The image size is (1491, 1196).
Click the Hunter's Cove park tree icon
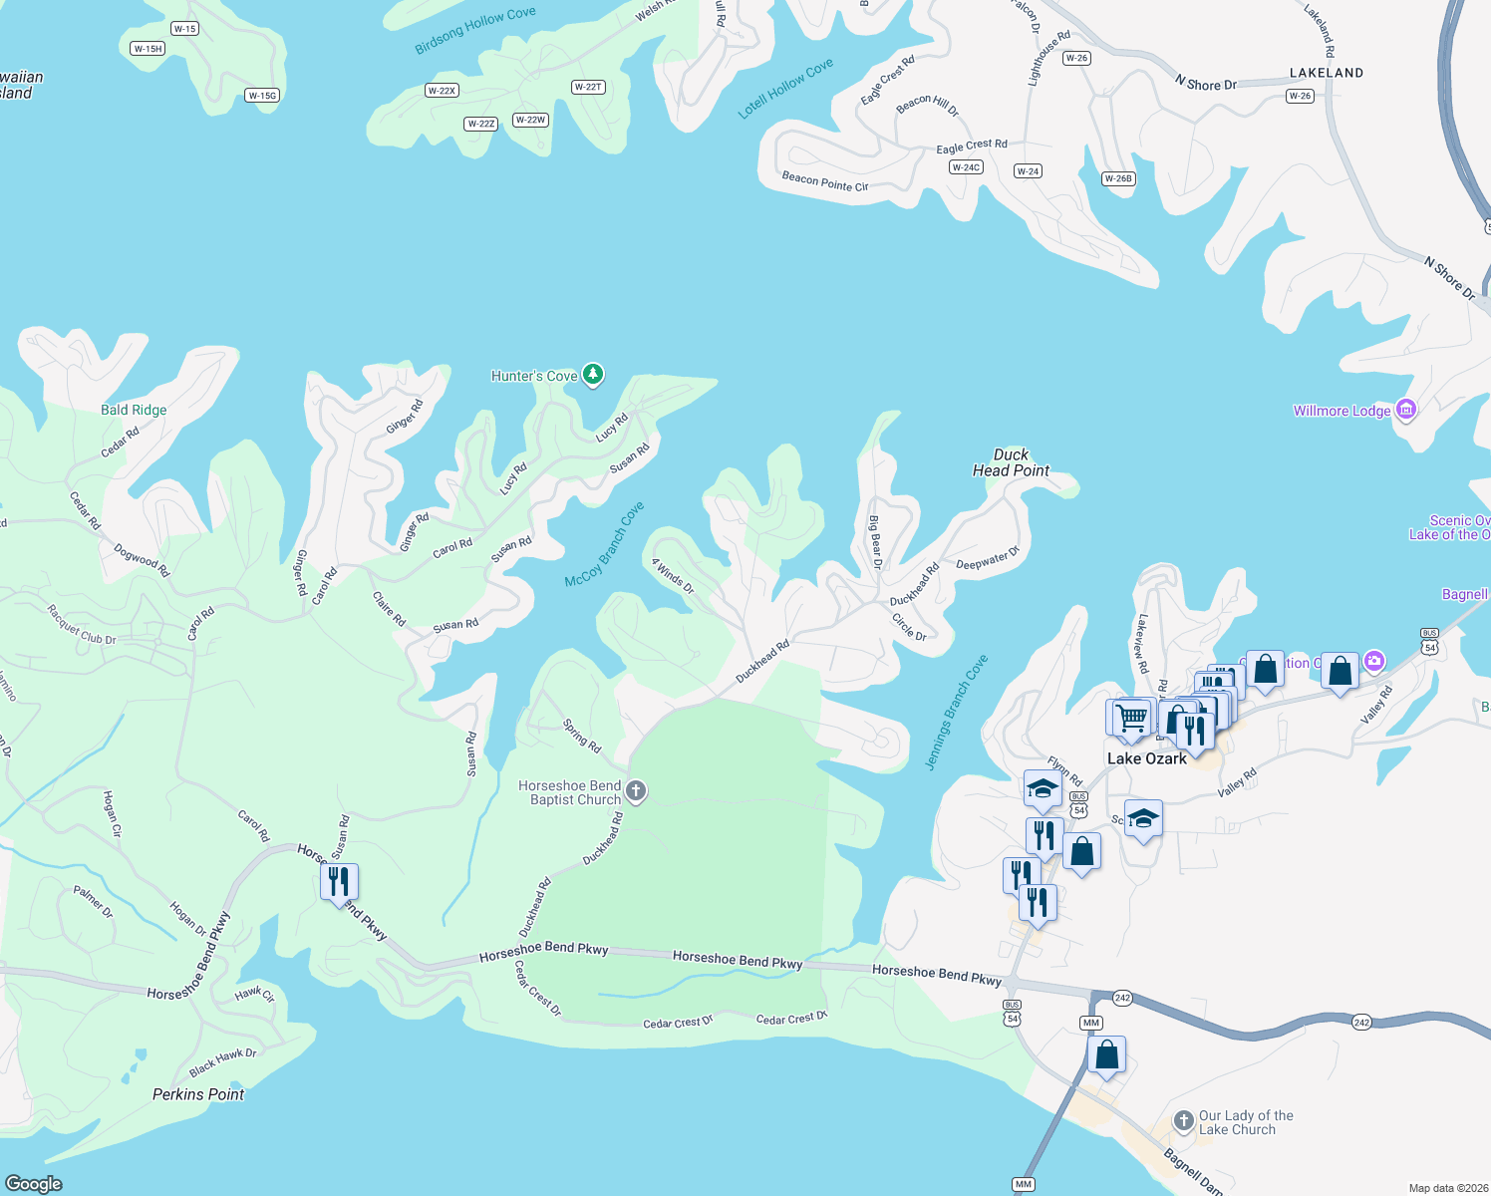(x=593, y=375)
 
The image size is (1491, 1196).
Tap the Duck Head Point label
(x=1011, y=462)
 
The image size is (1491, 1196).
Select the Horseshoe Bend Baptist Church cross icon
(x=636, y=791)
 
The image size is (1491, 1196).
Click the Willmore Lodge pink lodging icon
(x=1406, y=410)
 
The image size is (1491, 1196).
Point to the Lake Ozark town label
(x=1147, y=758)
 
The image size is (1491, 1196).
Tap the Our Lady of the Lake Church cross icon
(x=1183, y=1121)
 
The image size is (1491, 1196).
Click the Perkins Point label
(x=198, y=1094)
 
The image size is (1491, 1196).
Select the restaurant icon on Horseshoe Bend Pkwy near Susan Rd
(x=339, y=882)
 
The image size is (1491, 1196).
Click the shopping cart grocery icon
(x=1131, y=718)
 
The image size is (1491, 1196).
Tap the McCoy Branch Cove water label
(x=604, y=544)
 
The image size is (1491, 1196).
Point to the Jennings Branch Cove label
(x=957, y=712)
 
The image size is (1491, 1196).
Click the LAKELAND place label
(x=1326, y=73)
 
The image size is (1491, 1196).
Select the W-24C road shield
(x=966, y=167)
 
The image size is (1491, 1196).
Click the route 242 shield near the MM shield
(x=1122, y=998)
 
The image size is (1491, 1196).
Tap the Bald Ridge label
(x=134, y=410)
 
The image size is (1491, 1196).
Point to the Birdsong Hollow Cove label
(x=475, y=31)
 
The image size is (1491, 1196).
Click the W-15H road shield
(x=148, y=49)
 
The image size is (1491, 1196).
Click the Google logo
(x=34, y=1183)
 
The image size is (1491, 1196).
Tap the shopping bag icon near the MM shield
(x=1107, y=1054)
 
